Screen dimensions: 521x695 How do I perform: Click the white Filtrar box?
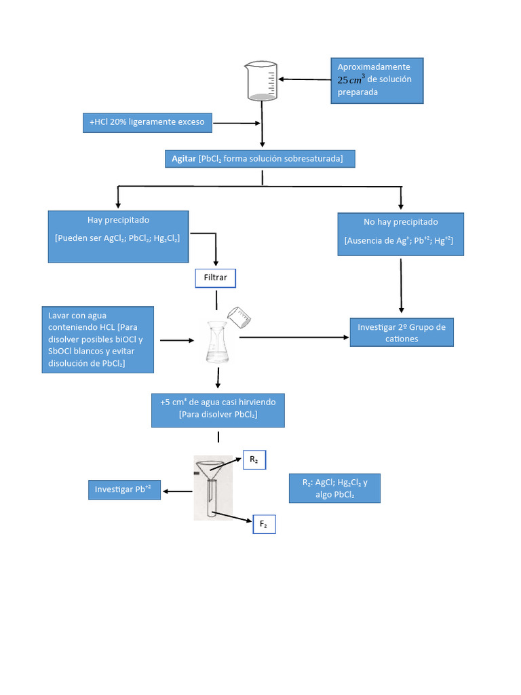215,278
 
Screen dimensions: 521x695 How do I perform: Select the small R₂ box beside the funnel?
254,459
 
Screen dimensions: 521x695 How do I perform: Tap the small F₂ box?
264,525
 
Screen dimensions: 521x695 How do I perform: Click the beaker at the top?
261,81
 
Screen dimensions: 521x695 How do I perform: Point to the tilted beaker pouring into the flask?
239,317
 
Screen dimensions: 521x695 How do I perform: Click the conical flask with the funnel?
218,342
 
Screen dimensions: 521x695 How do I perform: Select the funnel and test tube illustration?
213,487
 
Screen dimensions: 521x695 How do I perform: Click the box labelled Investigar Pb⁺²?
125,490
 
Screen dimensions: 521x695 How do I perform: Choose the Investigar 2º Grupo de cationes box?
402,333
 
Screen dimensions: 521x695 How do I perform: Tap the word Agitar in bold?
184,159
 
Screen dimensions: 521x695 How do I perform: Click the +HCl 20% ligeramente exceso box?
147,123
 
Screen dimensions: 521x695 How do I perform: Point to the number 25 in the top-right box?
343,80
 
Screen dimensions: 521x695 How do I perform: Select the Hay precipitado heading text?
118,221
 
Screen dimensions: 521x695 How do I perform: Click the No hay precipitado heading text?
401,222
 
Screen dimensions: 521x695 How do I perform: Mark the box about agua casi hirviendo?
218,411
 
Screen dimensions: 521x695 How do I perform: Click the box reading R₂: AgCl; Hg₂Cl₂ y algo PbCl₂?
335,489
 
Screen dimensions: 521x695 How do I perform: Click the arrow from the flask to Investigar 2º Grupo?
294,337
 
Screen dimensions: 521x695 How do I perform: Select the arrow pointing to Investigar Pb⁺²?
178,491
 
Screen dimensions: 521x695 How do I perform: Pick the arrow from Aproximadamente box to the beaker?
305,79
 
